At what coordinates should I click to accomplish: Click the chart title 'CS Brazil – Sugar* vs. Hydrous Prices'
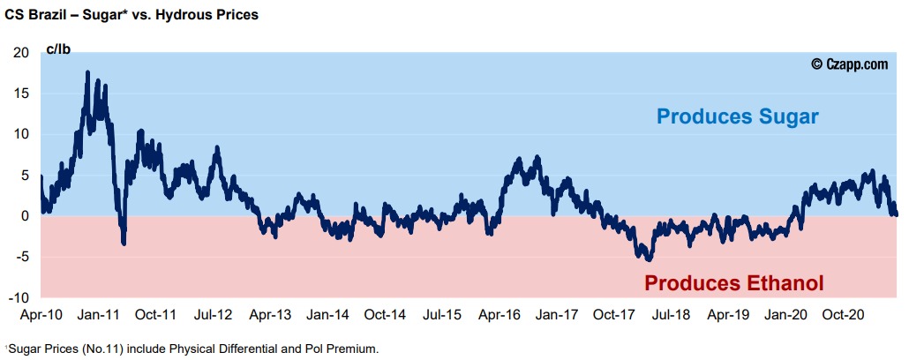[x=131, y=15]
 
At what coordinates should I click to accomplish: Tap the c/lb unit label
[x=57, y=49]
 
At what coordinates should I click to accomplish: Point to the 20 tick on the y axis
[x=21, y=52]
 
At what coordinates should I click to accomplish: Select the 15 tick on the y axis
[x=21, y=94]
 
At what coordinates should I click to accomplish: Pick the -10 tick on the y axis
[x=19, y=298]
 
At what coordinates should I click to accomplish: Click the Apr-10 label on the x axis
[x=41, y=314]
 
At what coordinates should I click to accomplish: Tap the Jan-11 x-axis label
[x=99, y=314]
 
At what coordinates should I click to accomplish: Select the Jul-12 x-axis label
[x=213, y=314]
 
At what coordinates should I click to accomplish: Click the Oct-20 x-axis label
[x=842, y=314]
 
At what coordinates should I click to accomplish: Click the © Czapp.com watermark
[x=849, y=64]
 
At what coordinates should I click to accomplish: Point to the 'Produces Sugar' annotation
[x=738, y=116]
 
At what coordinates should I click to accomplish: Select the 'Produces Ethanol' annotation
[x=733, y=283]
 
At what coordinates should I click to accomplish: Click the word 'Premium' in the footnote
[x=356, y=349]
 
